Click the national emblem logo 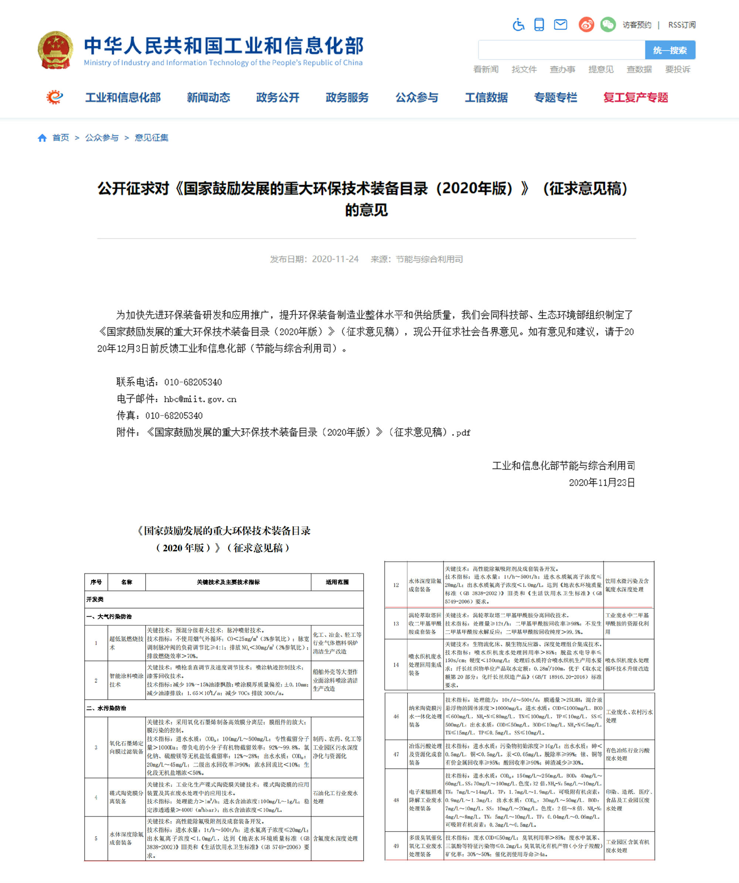[55, 50]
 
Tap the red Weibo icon [586, 24]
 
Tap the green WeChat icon [607, 24]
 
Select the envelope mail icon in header [560, 24]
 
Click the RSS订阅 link [681, 25]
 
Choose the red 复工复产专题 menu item [635, 98]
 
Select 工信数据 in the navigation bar [486, 98]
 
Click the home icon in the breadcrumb [42, 138]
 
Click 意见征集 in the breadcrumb [151, 138]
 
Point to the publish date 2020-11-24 [335, 259]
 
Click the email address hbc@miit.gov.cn [200, 399]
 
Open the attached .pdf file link [308, 432]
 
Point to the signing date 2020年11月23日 [602, 482]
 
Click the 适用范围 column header [337, 582]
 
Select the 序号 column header [96, 582]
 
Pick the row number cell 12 [396, 585]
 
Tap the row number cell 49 [396, 846]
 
